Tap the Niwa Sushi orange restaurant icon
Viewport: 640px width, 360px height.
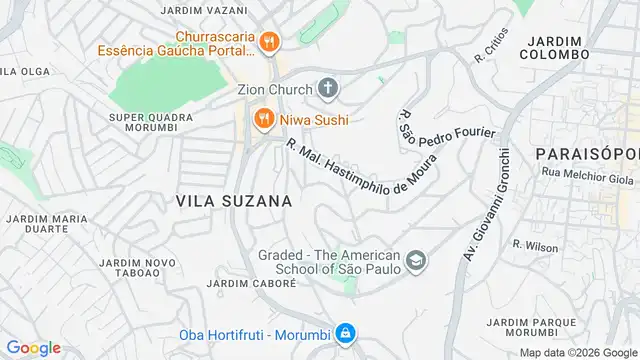click(x=261, y=120)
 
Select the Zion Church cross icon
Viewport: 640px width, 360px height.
click(x=329, y=89)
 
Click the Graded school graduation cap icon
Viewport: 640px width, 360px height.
click(x=416, y=263)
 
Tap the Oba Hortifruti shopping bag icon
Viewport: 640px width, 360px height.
click(x=344, y=333)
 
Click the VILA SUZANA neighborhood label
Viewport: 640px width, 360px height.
click(x=234, y=200)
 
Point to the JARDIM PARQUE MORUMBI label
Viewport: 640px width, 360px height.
click(x=520, y=327)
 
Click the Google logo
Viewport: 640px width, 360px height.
click(x=33, y=347)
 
